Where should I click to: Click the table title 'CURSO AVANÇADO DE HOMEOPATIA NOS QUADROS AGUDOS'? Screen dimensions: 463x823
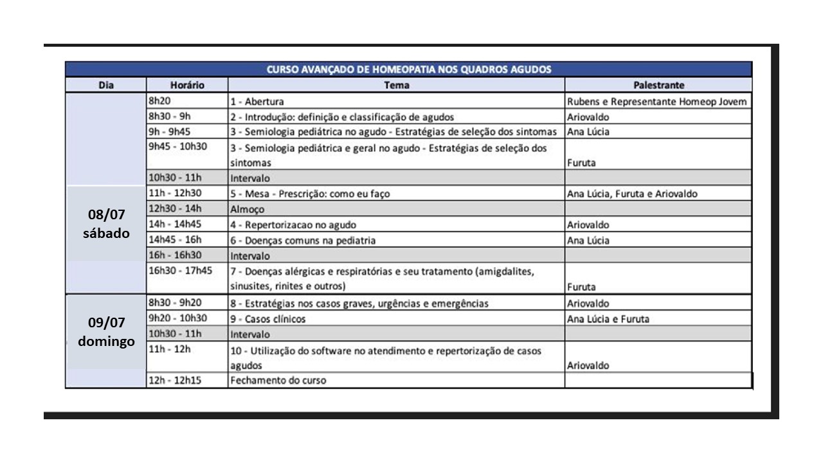pos(409,69)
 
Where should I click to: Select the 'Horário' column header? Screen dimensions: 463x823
pos(187,85)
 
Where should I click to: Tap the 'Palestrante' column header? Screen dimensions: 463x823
pos(658,85)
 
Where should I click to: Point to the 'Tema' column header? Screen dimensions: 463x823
pos(397,85)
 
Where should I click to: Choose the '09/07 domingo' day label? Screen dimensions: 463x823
pos(106,332)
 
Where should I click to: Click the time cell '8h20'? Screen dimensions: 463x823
pos(159,101)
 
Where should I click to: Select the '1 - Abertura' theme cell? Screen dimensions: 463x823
pos(257,102)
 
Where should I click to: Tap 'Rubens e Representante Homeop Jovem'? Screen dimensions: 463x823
pos(657,102)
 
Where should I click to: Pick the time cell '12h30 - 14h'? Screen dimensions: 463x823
pos(175,208)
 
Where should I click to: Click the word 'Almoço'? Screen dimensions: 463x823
pos(248,210)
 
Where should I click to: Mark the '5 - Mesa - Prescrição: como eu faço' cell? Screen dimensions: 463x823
pos(310,194)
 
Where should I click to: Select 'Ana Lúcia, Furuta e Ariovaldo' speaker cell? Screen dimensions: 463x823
pos(632,194)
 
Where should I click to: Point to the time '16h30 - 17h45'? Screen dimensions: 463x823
pos(181,271)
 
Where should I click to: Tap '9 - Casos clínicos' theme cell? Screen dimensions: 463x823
pos(268,319)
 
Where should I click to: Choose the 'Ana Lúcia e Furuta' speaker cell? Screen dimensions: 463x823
pos(608,319)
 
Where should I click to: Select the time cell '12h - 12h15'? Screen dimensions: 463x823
pos(176,379)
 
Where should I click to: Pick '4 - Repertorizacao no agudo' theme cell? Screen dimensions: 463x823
pos(293,225)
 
